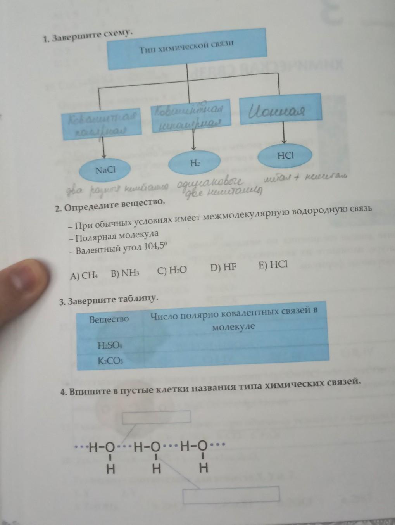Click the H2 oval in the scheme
(195, 163)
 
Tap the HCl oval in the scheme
(286, 155)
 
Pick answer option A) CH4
(84, 276)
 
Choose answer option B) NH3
(124, 273)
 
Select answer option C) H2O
(172, 270)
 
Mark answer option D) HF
(223, 267)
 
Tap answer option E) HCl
(273, 264)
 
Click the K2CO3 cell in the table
(110, 361)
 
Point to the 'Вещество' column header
(109, 319)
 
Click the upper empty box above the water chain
(157, 417)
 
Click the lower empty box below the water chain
(231, 495)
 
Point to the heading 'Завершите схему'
(93, 36)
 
